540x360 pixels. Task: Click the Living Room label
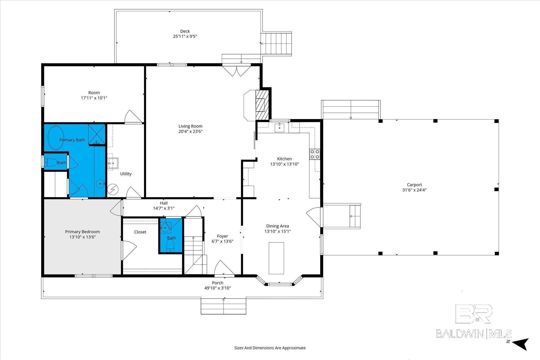[x=190, y=126]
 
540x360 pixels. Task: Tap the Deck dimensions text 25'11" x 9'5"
[x=185, y=36]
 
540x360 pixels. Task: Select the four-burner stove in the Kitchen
[x=314, y=154]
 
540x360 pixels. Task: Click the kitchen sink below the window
[x=279, y=127]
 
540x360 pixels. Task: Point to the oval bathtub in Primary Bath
[x=55, y=138]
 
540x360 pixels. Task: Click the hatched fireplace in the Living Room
[x=262, y=105]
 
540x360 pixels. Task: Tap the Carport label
[x=414, y=185]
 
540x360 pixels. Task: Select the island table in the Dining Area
[x=276, y=258]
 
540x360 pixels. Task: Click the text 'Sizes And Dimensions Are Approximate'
[x=270, y=348]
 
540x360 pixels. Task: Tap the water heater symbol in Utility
[x=113, y=189]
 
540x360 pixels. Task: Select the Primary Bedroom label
[x=83, y=232]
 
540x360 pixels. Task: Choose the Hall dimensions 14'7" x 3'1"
[x=164, y=208]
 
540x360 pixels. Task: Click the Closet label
[x=140, y=232]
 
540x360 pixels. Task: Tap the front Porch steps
[x=224, y=306]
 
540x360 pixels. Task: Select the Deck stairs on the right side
[x=276, y=43]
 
